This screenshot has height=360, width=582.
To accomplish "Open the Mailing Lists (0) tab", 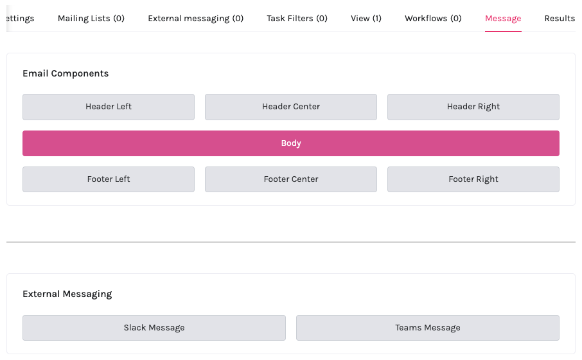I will coord(91,18).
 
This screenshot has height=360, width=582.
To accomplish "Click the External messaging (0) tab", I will coord(195,18).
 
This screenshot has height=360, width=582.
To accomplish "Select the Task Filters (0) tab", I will coord(297,18).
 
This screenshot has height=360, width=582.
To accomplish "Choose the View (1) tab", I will coord(366,18).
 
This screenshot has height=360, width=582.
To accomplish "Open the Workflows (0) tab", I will coord(433,18).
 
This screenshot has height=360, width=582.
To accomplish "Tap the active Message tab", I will coord(503,18).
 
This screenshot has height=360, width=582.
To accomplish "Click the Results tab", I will coord(560,18).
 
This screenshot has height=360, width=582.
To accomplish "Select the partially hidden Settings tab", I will coord(19,18).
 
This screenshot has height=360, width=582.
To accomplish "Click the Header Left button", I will coord(109,107).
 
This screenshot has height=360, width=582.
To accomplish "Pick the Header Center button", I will coord(291,107).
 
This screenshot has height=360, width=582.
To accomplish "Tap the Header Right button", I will coord(473,107).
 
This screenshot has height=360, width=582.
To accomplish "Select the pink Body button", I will coord(291,143).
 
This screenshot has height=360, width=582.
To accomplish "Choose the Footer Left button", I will coord(109,179).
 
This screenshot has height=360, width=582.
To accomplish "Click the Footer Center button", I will coord(291,179).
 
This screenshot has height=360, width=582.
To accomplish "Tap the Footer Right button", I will coord(473,179).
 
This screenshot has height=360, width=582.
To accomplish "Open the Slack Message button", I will coord(154,328).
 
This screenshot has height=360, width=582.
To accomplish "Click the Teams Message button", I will coord(428,328).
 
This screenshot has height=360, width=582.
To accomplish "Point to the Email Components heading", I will coord(66,73).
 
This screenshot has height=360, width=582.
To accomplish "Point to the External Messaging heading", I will coord(67,294).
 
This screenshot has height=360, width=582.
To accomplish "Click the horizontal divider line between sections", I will coord(291,242).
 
